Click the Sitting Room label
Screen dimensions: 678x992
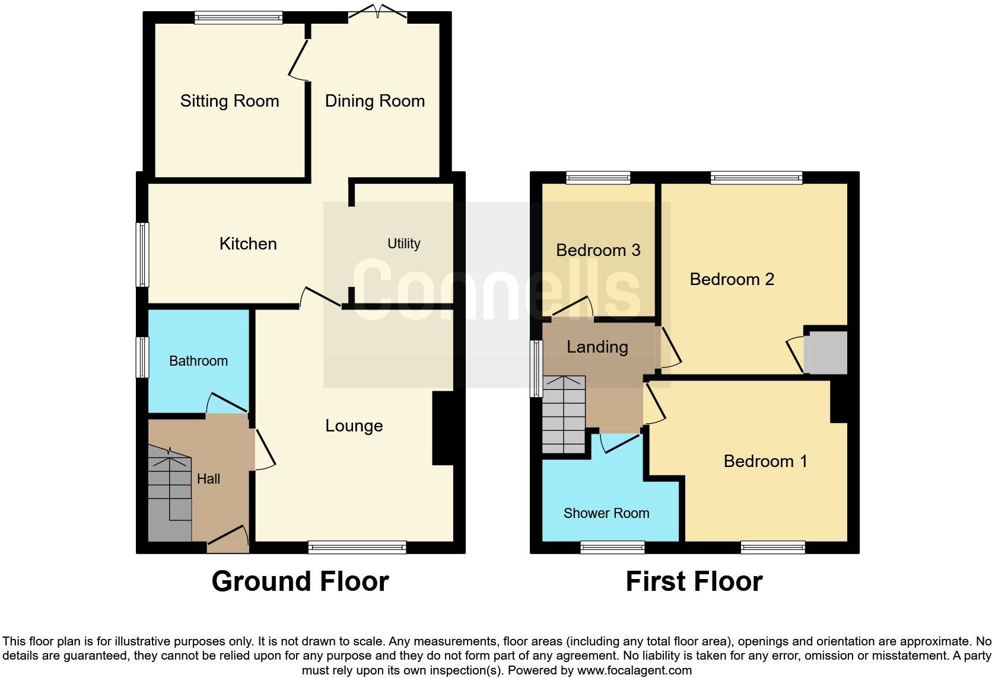tap(230, 101)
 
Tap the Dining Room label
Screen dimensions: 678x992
tap(374, 101)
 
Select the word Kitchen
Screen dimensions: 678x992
tap(248, 244)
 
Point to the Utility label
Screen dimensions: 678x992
tap(403, 244)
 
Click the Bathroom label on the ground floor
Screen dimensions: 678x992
tap(198, 361)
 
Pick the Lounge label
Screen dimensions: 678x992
tap(354, 426)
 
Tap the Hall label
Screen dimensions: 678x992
tap(208, 479)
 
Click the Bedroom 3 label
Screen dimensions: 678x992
tap(597, 250)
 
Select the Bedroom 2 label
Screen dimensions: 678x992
tap(732, 279)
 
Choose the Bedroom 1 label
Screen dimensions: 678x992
tap(765, 461)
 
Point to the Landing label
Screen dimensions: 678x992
tap(597, 347)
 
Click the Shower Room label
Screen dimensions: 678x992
tap(606, 513)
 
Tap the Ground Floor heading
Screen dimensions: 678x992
tap(300, 581)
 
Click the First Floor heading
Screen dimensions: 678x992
tap(694, 581)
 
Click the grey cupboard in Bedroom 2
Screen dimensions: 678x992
tap(825, 353)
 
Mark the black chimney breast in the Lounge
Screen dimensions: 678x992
tap(443, 428)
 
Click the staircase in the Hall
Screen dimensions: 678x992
tap(168, 498)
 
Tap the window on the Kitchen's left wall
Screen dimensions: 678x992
tap(142, 255)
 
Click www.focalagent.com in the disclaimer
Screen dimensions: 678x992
tap(634, 671)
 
